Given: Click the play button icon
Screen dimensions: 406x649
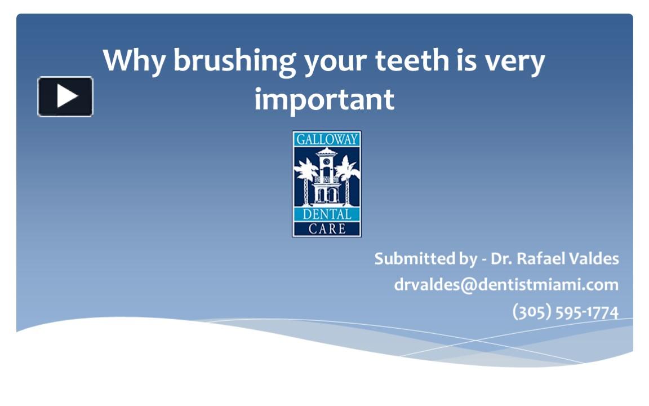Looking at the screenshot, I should click(x=65, y=96).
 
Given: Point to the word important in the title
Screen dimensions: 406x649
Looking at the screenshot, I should click(x=324, y=99).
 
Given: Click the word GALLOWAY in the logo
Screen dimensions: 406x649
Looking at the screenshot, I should click(x=327, y=139).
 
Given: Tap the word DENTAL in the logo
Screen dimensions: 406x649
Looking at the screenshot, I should click(x=327, y=214).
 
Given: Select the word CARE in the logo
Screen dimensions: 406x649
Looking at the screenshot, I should click(x=327, y=228).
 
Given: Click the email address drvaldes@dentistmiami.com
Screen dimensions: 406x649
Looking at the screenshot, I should click(x=506, y=285).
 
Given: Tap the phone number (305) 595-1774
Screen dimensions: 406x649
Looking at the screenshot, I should click(x=565, y=311).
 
